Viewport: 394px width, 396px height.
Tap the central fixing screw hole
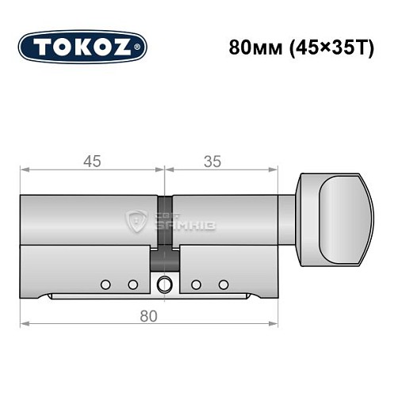click(165, 284)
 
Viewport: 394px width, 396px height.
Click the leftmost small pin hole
click(105, 284)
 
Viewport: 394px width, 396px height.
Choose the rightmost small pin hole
click(224, 284)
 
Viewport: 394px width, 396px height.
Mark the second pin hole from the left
click(132, 284)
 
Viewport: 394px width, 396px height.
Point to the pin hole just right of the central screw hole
click(195, 284)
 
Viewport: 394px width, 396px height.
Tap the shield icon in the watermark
click(136, 219)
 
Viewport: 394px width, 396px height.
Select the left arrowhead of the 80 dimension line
click(24, 323)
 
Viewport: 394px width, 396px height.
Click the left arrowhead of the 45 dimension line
click(24, 169)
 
